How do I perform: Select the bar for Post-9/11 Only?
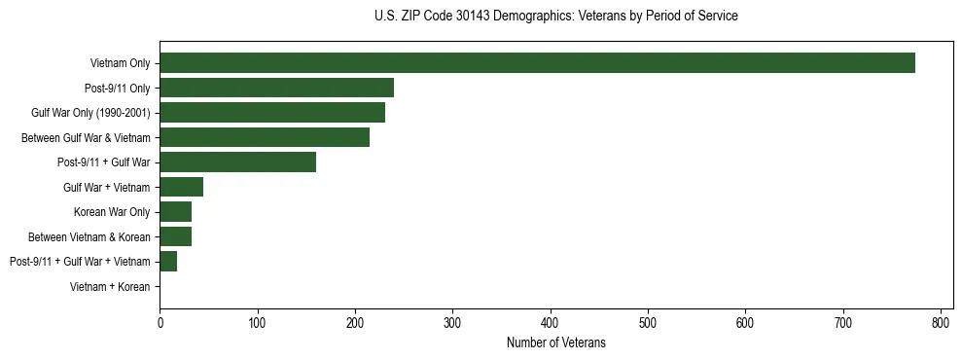pos(276,88)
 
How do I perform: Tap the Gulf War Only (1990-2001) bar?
pos(272,113)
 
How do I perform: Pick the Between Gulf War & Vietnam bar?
pos(265,137)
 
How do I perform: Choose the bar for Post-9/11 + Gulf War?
pos(237,162)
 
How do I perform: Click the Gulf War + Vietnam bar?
pos(181,187)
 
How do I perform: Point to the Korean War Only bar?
pos(175,212)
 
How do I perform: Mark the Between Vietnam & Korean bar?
pos(175,236)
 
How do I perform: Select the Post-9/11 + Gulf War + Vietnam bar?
pos(168,262)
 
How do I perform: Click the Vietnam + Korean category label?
pos(110,287)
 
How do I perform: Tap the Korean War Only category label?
pos(112,212)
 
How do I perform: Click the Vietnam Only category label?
pos(120,63)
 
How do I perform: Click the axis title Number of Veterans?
pos(555,342)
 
